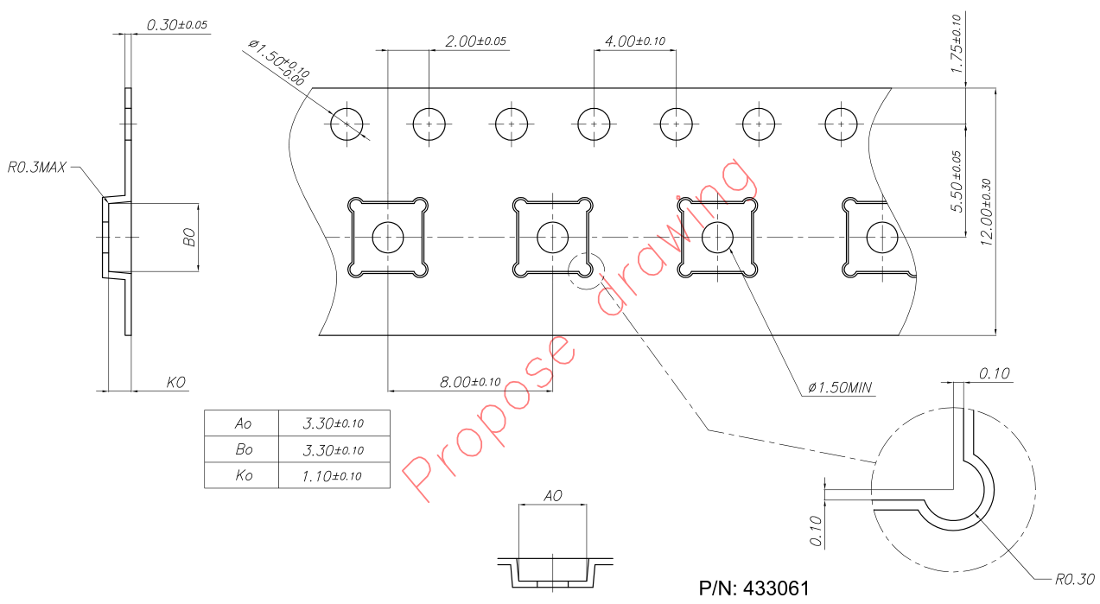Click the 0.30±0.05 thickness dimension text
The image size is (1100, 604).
(x=177, y=25)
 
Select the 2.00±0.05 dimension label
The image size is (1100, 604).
(x=475, y=41)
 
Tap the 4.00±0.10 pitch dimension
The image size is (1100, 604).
(x=634, y=41)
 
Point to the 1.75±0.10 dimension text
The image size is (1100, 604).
(x=956, y=43)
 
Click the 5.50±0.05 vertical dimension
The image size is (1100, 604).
(x=956, y=182)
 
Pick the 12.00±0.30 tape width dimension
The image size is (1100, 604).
(x=987, y=213)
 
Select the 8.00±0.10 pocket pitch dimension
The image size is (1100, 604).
(x=470, y=381)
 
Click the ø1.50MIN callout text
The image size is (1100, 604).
(x=841, y=388)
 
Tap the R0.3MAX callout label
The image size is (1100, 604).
(x=36, y=167)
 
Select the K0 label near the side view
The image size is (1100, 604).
(x=176, y=381)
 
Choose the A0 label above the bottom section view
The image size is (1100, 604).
(x=552, y=496)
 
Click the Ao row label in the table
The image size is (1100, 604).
(x=243, y=423)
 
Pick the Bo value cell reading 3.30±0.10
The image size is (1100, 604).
(x=333, y=449)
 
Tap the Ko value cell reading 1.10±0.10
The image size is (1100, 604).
(x=333, y=475)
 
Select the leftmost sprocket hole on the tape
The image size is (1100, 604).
(x=347, y=124)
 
